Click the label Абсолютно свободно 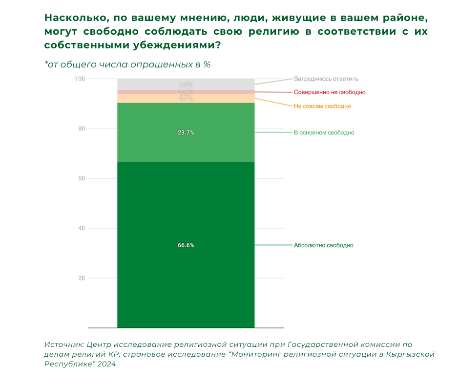(323, 245)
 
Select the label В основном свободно (324, 132)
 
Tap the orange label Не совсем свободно (322, 106)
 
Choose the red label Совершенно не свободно (330, 92)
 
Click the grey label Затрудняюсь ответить (326, 78)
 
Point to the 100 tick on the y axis (80, 79)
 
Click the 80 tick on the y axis (82, 129)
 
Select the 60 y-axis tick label (82, 179)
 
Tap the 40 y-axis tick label (82, 229)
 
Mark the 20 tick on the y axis (82, 278)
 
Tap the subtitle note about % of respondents (127, 64)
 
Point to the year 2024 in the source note (105, 364)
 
